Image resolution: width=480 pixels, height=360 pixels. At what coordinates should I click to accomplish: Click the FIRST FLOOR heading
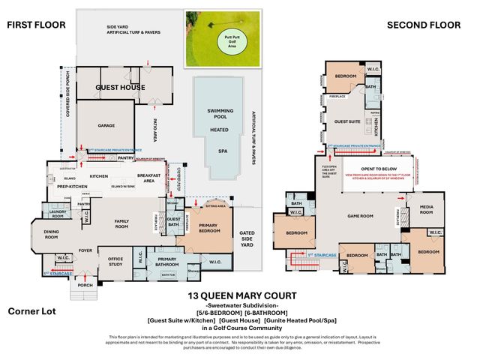click(x=36, y=25)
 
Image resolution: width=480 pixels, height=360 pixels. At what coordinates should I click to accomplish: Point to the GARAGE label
click(x=105, y=126)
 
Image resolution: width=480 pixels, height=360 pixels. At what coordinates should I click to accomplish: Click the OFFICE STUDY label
click(x=115, y=261)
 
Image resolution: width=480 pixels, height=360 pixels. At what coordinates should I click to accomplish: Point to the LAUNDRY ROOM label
click(x=59, y=214)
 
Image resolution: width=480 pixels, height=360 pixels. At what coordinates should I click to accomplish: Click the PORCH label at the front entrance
click(x=84, y=285)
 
